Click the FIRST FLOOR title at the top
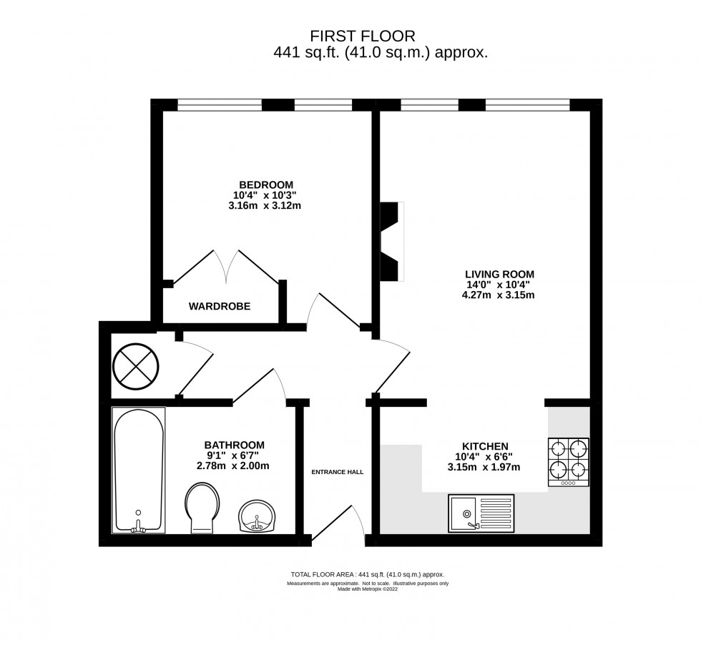tap(361, 36)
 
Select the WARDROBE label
tap(220, 306)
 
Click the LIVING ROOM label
tap(499, 274)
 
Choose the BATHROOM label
tap(234, 444)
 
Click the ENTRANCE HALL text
tap(337, 472)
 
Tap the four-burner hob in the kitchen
tap(569, 462)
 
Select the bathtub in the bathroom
tap(138, 470)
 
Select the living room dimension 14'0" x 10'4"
tap(499, 285)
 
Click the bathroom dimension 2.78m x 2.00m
tap(234, 466)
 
